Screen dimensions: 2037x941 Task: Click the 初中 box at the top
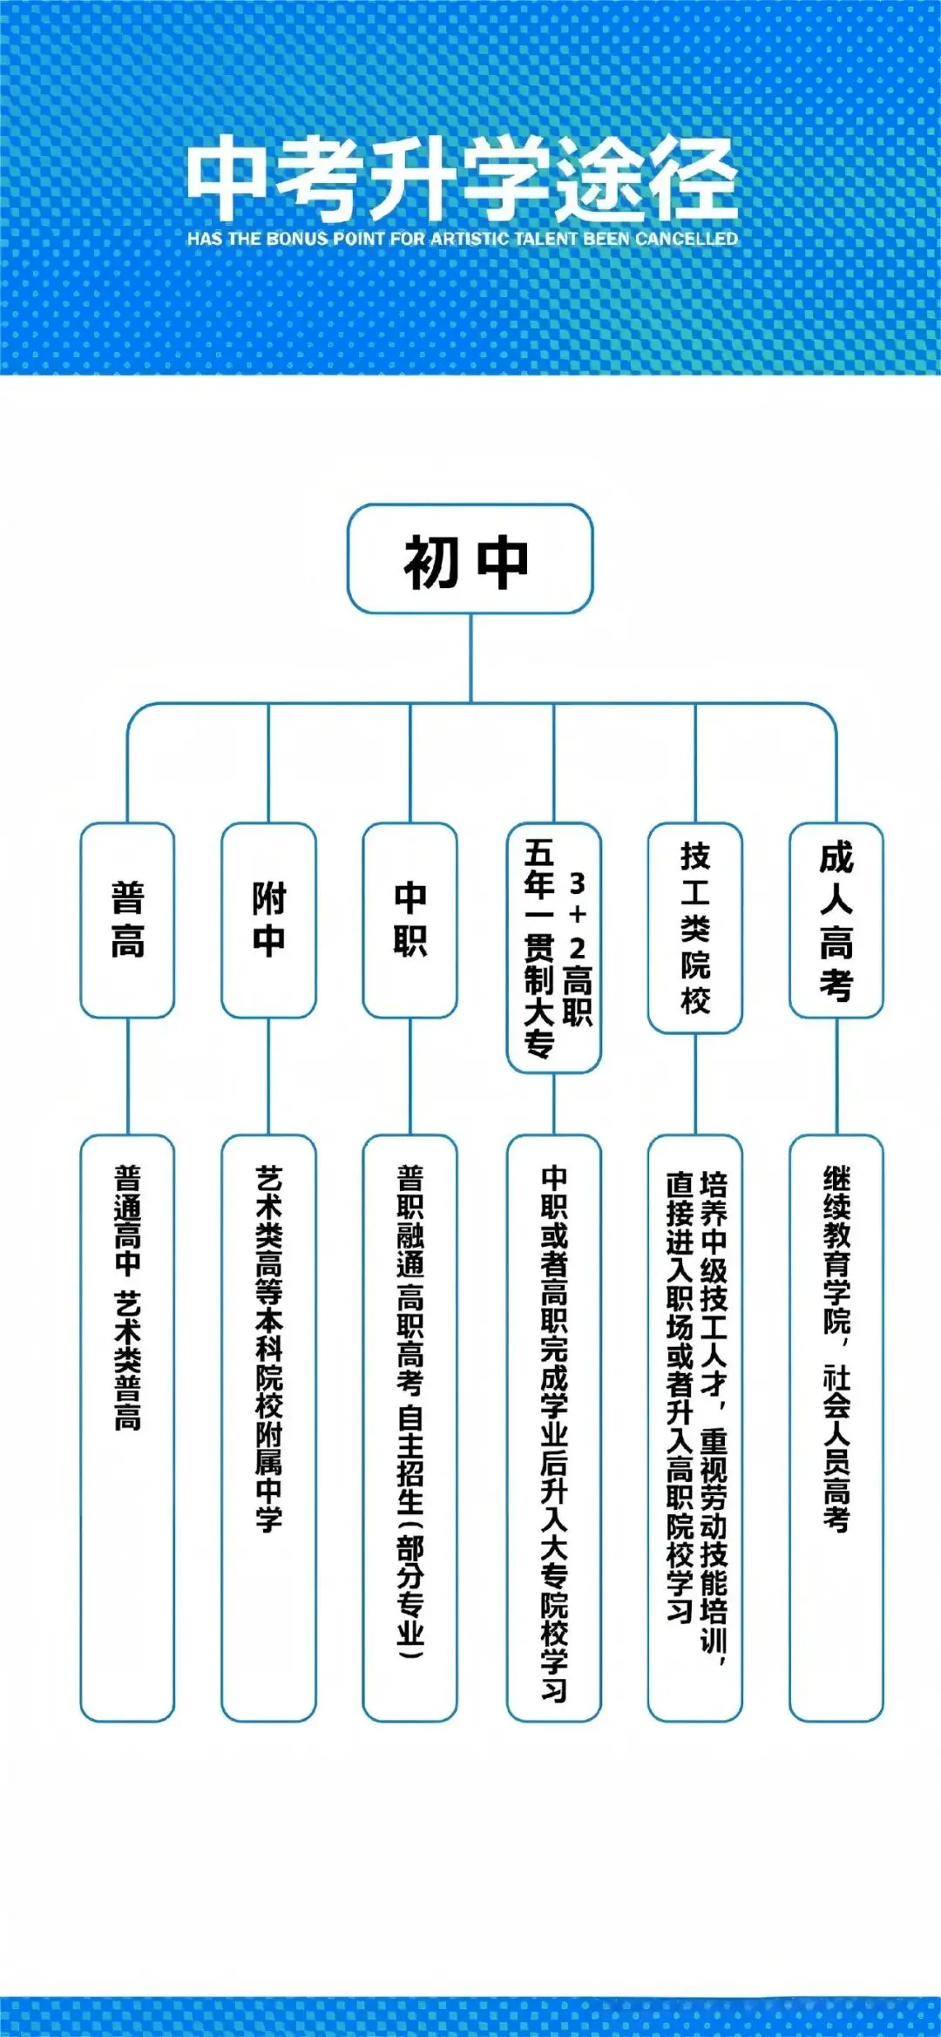[470, 558]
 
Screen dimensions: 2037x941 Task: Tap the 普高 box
[127, 920]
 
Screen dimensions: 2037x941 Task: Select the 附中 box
[268, 920]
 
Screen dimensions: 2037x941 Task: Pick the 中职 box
[410, 920]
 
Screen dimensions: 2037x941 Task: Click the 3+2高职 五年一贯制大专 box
[554, 948]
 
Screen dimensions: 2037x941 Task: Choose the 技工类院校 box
[695, 928]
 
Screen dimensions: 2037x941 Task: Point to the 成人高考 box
[836, 920]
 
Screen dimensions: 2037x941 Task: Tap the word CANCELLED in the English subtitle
[687, 239]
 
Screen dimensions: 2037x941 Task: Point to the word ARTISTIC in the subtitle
[470, 239]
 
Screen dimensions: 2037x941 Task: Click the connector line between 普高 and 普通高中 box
[127, 1076]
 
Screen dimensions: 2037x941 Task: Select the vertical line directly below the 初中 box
[470, 658]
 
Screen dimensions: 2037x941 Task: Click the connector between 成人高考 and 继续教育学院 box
[836, 1076]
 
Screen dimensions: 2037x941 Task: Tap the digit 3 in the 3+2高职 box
[577, 883]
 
